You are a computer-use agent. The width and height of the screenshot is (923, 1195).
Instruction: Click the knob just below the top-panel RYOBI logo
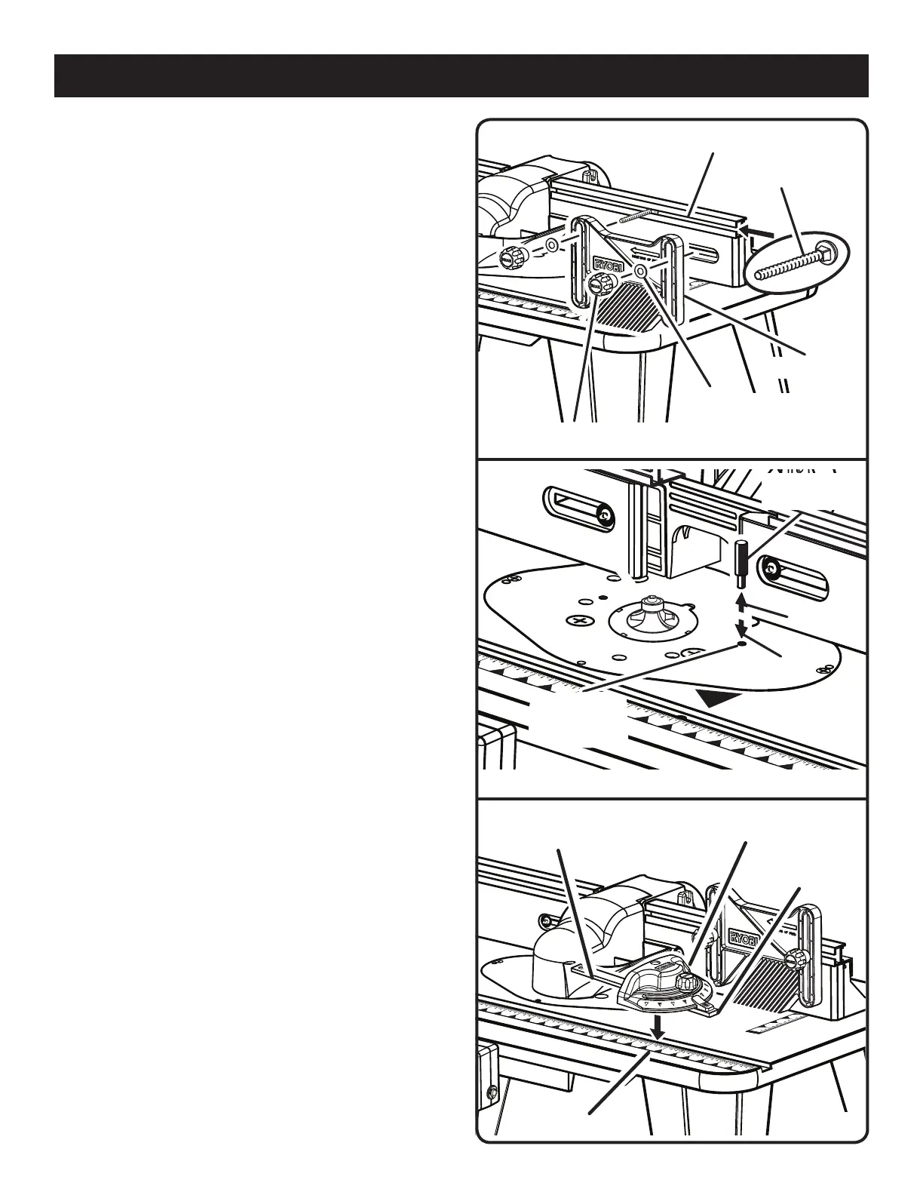[x=602, y=287]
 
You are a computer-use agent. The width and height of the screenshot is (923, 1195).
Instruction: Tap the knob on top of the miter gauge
[x=686, y=982]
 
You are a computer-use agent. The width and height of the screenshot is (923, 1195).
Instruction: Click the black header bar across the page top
[x=461, y=75]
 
